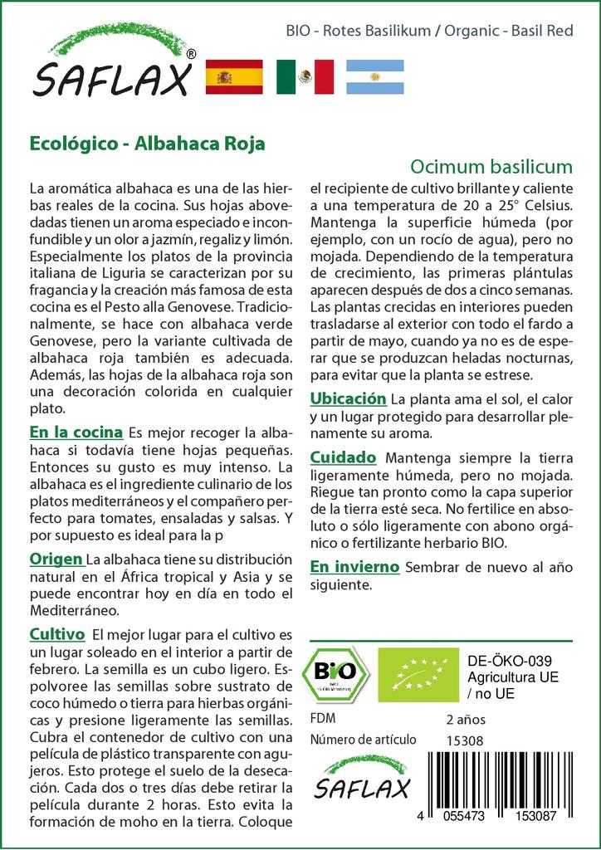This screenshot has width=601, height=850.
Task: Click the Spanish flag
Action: (233, 76)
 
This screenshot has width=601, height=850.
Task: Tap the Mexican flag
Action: (305, 76)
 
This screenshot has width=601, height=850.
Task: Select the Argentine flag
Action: (374, 76)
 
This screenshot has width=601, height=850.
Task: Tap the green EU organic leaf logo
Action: (414, 673)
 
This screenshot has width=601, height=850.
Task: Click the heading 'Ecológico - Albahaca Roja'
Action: (147, 143)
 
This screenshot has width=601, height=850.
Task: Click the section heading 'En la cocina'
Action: (76, 432)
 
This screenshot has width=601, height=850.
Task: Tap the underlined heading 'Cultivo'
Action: (57, 634)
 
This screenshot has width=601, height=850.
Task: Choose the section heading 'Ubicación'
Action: (348, 398)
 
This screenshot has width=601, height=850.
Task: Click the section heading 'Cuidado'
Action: (343, 457)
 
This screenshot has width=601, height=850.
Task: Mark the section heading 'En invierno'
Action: (354, 567)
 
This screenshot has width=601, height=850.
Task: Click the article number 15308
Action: (464, 740)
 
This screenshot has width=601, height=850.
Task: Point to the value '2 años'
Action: (466, 719)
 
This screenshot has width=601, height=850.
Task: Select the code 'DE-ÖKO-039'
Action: (505, 661)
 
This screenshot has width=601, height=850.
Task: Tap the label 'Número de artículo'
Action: (362, 740)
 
